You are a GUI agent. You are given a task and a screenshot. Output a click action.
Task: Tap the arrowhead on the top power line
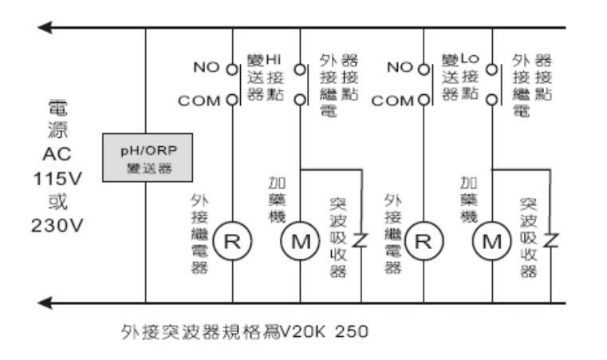(46, 28)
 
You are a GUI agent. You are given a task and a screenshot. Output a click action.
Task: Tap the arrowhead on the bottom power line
(46, 303)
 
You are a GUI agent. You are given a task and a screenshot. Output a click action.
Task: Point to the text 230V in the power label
(57, 226)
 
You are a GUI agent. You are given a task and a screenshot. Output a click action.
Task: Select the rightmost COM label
(393, 101)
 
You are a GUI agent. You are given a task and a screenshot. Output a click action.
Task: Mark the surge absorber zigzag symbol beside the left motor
(361, 240)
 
